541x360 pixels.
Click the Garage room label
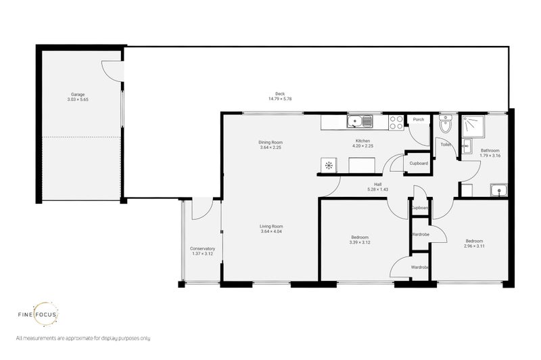78,94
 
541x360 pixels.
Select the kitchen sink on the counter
359,122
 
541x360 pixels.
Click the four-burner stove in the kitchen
397,122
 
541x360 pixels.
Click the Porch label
419,119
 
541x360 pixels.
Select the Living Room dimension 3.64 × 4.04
271,232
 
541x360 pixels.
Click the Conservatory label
202,248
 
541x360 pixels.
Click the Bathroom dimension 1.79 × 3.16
490,156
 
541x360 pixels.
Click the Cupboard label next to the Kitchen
419,163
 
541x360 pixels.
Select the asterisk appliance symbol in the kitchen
329,164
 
